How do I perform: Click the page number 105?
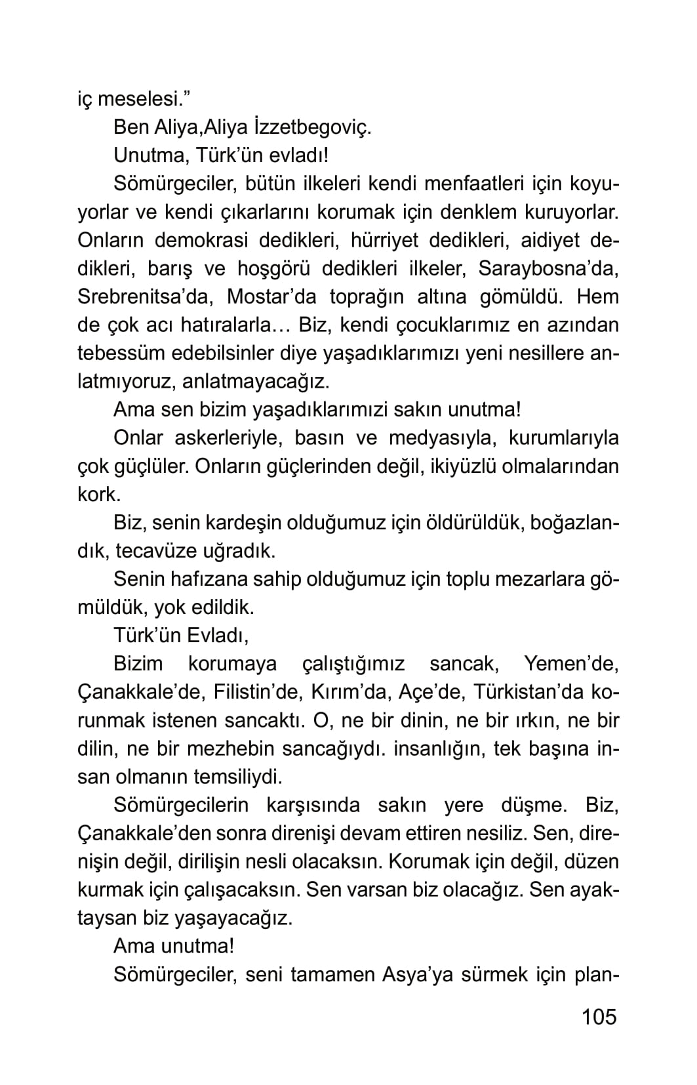tap(599, 1016)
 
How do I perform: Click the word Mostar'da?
tap(271, 297)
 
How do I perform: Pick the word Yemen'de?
tap(571, 663)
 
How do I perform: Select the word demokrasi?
tap(201, 240)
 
